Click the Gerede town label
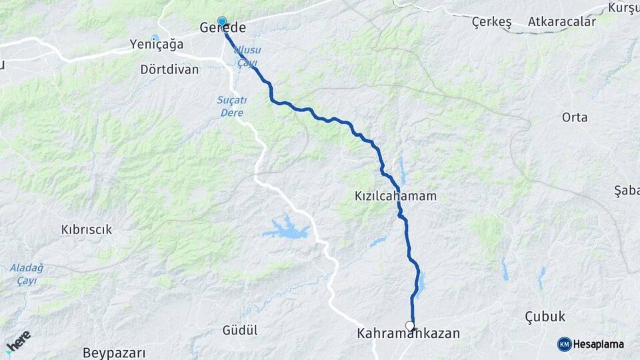pyautogui.click(x=223, y=29)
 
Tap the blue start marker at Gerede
pyautogui.click(x=222, y=21)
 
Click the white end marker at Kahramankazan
pyautogui.click(x=410, y=326)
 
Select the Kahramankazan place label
pyautogui.click(x=409, y=333)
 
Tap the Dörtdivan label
pyautogui.click(x=169, y=69)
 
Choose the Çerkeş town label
pyautogui.click(x=491, y=23)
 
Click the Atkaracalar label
pyautogui.click(x=561, y=22)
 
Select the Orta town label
pyautogui.click(x=574, y=117)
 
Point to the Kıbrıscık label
pyautogui.click(x=86, y=229)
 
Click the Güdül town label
pyautogui.click(x=240, y=330)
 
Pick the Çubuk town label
pyautogui.click(x=545, y=316)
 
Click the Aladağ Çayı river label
pyautogui.click(x=26, y=273)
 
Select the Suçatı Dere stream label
pyautogui.click(x=232, y=106)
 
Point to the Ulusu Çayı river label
pyautogui.click(x=247, y=55)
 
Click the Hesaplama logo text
pyautogui.click(x=599, y=344)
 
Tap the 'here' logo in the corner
pyautogui.click(x=18, y=342)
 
